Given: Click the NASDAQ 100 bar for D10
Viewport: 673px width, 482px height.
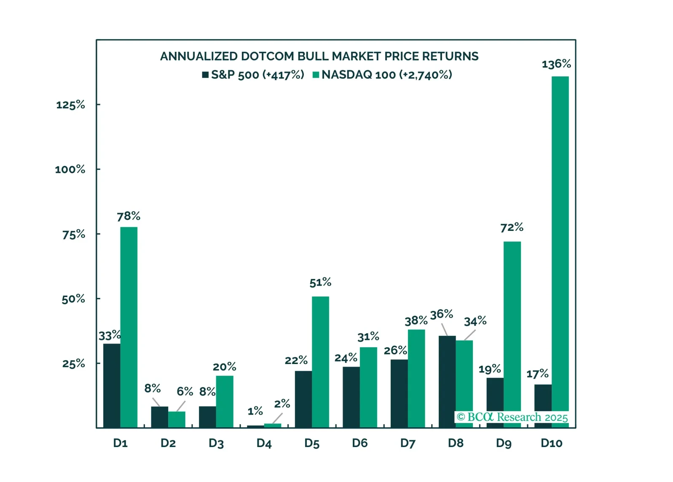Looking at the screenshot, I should [x=560, y=244].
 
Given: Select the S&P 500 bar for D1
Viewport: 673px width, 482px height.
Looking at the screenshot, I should [x=112, y=386].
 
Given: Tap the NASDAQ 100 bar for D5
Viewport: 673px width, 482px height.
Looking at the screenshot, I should [x=320, y=362].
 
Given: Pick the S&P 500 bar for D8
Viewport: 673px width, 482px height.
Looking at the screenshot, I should [x=447, y=381].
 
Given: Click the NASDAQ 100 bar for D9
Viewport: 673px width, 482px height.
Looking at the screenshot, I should [x=512, y=329].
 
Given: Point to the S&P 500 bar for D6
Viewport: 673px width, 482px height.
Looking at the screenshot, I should [x=351, y=397].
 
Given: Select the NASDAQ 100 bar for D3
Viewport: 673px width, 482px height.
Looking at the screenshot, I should [x=225, y=402].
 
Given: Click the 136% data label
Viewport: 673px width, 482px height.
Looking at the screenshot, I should [x=556, y=64].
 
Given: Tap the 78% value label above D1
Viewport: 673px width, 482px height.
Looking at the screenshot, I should [x=129, y=216].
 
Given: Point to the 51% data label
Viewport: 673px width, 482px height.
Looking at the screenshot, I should [x=320, y=282].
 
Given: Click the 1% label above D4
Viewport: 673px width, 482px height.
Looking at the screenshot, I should [x=255, y=411].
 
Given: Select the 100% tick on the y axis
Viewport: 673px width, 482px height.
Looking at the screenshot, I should [x=70, y=169].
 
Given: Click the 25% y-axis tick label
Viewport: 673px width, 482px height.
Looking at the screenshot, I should [x=74, y=364].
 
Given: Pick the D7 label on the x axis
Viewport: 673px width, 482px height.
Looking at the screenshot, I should [x=408, y=443].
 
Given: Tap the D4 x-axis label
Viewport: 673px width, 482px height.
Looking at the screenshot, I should [x=264, y=443].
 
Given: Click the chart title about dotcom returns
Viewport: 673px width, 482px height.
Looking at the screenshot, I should [x=319, y=56].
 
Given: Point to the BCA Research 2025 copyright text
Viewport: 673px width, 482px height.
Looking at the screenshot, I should [x=512, y=417].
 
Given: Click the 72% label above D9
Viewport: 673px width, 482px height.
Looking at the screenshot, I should [x=512, y=228].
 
